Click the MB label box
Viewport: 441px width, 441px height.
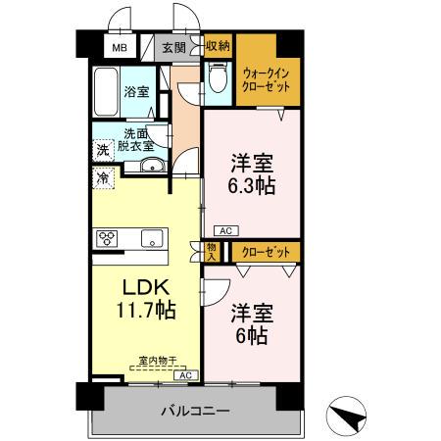click(x=119, y=46)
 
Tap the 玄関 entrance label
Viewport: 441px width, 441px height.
click(x=174, y=46)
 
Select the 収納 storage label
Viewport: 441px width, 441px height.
click(x=218, y=45)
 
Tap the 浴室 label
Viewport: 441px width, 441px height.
click(x=137, y=92)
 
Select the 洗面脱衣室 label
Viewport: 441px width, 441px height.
click(x=137, y=139)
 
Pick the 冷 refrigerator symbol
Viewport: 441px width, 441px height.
click(x=103, y=178)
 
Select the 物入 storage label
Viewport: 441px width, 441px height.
click(x=213, y=252)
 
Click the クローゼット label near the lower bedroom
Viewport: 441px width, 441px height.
click(x=265, y=252)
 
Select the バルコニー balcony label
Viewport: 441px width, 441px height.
click(x=195, y=410)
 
